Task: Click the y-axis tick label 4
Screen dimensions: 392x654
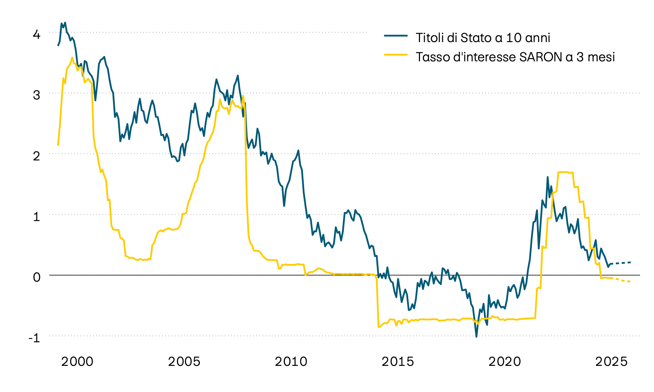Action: tap(36, 35)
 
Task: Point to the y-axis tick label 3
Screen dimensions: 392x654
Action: tap(36, 95)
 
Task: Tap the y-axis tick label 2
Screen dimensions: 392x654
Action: tap(36, 156)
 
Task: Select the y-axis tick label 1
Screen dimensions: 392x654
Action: tap(36, 217)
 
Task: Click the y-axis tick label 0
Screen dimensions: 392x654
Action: tap(36, 278)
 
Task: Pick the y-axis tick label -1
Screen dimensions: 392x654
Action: tap(35, 338)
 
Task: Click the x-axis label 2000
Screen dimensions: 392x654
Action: tap(77, 362)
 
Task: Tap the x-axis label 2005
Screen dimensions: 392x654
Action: tap(184, 362)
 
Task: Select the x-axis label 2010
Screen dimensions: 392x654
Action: tap(291, 362)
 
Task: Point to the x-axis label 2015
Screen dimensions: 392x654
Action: tap(398, 362)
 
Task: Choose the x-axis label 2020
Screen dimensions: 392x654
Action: tap(505, 362)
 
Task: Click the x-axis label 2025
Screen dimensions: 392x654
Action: tap(611, 362)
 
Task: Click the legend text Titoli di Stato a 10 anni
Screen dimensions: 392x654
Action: tap(483, 38)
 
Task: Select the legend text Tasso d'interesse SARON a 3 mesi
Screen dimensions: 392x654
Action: tap(515, 57)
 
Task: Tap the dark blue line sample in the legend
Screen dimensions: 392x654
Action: tap(396, 36)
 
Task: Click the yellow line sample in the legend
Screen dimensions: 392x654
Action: tap(396, 55)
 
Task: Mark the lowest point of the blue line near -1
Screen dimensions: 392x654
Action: tap(476, 336)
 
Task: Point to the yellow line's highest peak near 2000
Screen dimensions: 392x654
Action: tap(72, 58)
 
